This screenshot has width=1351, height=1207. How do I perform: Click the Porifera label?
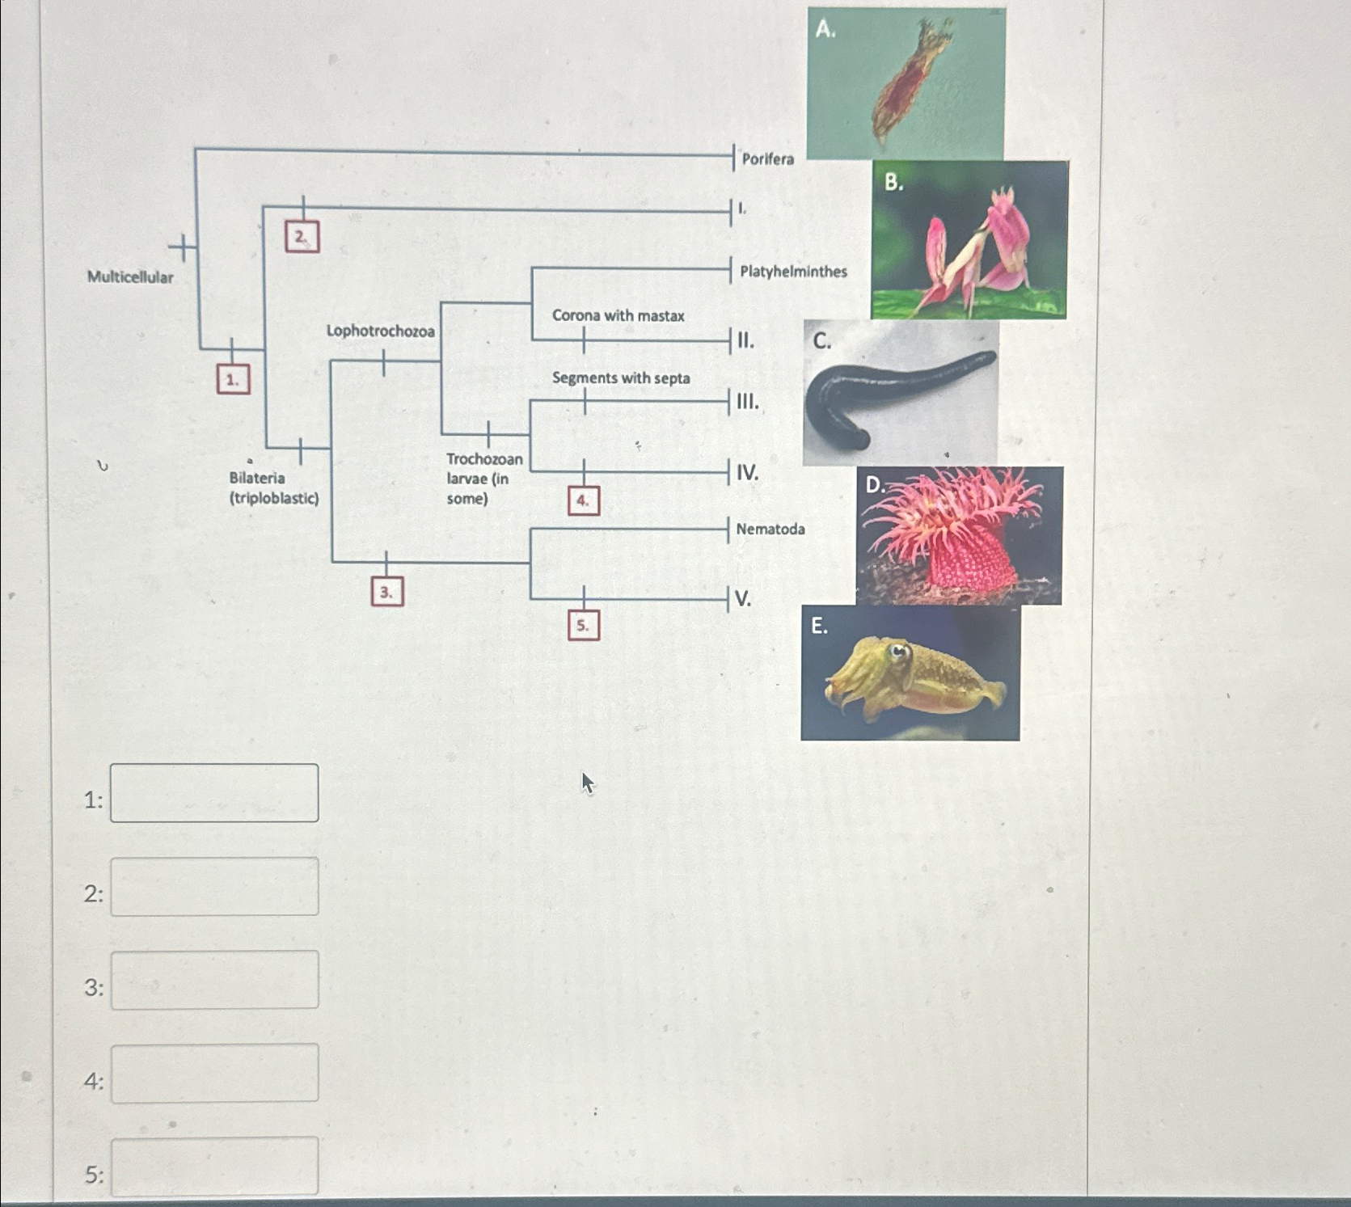(767, 159)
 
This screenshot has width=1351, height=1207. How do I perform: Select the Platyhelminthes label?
(793, 272)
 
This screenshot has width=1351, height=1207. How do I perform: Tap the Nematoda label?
(770, 530)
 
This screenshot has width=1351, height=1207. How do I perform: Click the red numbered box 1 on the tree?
(233, 379)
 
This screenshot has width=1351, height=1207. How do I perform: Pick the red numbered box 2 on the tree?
(302, 237)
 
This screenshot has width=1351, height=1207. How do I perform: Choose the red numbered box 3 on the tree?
(386, 592)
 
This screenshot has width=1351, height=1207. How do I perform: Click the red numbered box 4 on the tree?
(583, 501)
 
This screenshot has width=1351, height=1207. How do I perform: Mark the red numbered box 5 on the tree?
(583, 625)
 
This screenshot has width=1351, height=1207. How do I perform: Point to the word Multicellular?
(130, 277)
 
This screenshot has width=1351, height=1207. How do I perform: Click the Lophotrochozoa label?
(380, 331)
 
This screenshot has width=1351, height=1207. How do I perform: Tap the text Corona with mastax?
(618, 315)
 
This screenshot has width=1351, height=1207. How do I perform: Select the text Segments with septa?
(621, 378)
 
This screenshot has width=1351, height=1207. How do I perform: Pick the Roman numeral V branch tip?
(743, 599)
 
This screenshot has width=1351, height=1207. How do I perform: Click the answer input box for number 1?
(214, 793)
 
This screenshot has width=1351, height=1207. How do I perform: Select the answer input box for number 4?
(214, 1074)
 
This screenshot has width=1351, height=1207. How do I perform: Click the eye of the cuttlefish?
(897, 649)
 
